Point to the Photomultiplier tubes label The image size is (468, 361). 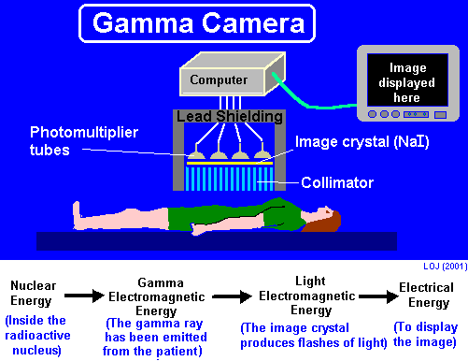click(74, 139)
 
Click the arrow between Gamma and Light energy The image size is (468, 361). click(224, 296)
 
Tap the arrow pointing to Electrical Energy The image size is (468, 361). click(375, 296)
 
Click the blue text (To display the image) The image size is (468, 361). click(426, 334)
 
